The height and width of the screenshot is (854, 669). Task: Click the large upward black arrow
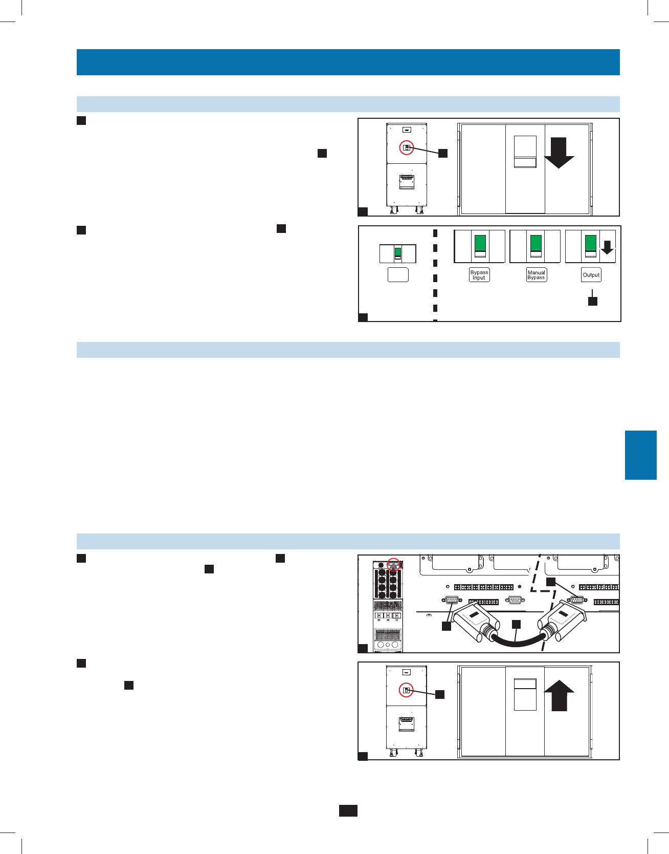coord(559,695)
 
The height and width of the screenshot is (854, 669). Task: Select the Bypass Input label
coord(479,275)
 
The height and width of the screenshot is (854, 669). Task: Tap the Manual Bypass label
coord(536,275)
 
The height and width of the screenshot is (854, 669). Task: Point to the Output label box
coord(591,275)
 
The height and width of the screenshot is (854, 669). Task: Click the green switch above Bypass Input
coord(480,243)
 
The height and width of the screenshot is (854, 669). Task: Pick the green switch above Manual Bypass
coord(536,243)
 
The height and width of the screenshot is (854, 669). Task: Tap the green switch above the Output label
coord(591,243)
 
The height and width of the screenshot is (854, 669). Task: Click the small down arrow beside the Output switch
coord(607,248)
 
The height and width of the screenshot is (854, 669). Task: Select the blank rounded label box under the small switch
coord(398,275)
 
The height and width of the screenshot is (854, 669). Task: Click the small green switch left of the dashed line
coord(398,252)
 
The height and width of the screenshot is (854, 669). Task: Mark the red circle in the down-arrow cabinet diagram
coord(407,148)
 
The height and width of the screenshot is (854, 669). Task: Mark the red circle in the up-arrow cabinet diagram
coord(406,690)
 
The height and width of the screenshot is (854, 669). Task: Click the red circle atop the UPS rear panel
coord(393,564)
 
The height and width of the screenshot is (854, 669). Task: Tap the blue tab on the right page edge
coord(640,455)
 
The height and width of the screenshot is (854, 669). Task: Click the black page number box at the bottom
coord(348,810)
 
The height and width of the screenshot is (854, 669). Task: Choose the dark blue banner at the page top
coord(348,62)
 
